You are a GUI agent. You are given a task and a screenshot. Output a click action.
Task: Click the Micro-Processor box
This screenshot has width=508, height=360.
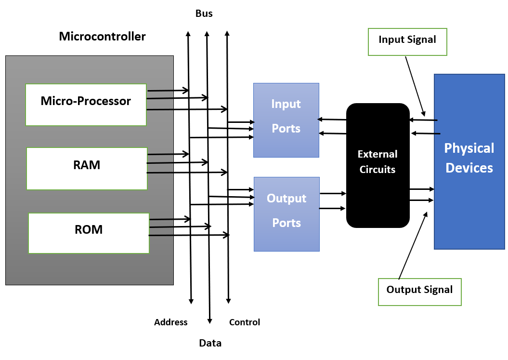[86, 105]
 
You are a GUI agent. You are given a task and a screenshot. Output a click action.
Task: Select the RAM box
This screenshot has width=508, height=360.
[87, 168]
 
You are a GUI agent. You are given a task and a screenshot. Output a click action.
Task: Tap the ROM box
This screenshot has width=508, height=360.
[89, 233]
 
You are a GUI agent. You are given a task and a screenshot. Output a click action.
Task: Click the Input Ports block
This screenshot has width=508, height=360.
[286, 120]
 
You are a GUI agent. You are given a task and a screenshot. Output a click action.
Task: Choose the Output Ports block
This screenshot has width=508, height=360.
[287, 214]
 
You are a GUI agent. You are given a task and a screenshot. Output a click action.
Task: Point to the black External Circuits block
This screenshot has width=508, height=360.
[378, 165]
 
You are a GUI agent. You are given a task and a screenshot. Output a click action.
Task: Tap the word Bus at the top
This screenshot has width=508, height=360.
[204, 14]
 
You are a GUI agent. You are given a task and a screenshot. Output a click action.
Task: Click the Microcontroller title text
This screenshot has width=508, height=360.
[102, 37]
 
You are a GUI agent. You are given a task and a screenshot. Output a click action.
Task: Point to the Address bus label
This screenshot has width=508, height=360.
[170, 322]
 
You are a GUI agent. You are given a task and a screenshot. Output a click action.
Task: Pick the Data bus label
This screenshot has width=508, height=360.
[210, 343]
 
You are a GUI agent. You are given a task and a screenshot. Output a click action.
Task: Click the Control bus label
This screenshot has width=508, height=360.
[245, 322]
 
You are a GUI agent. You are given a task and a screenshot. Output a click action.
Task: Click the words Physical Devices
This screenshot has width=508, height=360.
[469, 158]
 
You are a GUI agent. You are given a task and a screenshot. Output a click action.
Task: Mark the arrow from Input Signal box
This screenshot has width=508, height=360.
[415, 86]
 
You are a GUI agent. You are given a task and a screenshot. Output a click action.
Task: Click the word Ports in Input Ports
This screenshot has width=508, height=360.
[286, 129]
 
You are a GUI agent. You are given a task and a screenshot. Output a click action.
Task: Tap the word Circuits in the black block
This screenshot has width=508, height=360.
[378, 170]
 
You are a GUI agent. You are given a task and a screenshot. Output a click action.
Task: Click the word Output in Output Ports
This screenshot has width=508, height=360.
[287, 199]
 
